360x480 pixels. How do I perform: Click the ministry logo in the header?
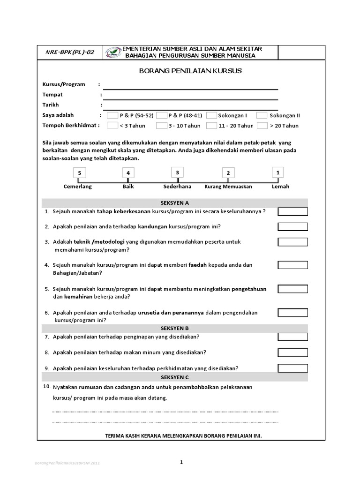pos(113,52)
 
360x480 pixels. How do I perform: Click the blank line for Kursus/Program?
pos(190,88)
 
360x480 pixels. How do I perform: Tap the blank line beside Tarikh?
pos(190,108)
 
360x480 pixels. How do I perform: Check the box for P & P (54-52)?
pos(112,115)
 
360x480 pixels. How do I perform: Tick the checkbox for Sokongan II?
pos(262,115)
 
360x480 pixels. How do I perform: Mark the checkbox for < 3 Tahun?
pos(112,126)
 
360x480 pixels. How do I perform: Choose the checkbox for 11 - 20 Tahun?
pos(211,126)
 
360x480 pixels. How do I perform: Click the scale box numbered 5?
pos(80,173)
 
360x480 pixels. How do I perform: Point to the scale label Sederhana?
pos(177,186)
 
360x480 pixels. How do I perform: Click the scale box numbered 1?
pos(278,172)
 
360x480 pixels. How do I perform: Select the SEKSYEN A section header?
pos(174,203)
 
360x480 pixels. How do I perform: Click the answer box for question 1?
pos(292,211)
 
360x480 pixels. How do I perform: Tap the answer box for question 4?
pos(292,265)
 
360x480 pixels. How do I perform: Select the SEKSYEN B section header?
pos(174,328)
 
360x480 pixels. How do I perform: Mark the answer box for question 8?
pos(292,352)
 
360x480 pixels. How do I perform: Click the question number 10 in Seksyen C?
pos(46,386)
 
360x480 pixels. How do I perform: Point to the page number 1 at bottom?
pos(181,462)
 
